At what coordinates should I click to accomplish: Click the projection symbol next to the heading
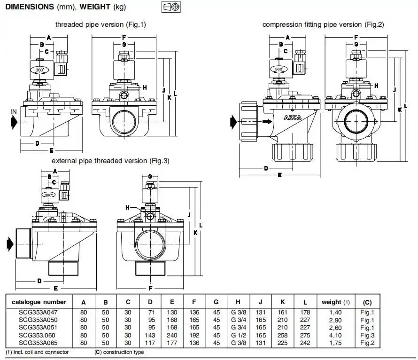pos(171,8)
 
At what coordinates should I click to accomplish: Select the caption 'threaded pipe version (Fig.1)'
pos(101,24)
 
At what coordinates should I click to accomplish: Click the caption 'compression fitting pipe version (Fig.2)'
pos(323,24)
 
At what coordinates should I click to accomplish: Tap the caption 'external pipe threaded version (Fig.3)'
pos(110,161)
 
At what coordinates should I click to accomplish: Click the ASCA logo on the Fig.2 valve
pos(294,118)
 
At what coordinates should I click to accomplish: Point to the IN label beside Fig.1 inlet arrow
pos(14,111)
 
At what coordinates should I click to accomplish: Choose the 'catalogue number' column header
pos(39,302)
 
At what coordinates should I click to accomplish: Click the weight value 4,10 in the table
pos(335,335)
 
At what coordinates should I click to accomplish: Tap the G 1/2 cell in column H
pos(239,335)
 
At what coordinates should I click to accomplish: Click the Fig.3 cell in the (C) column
pos(367,335)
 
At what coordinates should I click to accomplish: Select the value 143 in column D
pos(150,335)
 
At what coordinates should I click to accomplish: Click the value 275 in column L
pos(305,335)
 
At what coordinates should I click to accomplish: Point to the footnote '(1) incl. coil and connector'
pos(37,352)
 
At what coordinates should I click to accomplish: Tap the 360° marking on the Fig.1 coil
pos(39,70)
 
